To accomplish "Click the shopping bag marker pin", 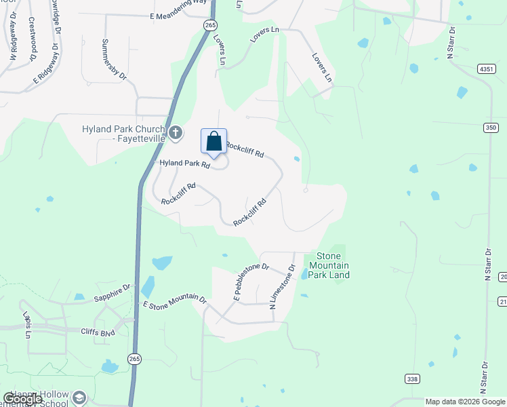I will click(214, 142).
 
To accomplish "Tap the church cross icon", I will click(176, 133).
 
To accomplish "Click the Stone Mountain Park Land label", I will click(329, 265).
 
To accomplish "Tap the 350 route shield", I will click(491, 127).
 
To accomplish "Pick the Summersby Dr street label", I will click(114, 60).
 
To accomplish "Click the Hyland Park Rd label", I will click(185, 163).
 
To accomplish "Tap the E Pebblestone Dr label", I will click(251, 282).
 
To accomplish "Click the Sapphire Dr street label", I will click(113, 292).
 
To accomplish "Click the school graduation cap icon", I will click(79, 398).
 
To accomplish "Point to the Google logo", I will click(22, 399).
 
